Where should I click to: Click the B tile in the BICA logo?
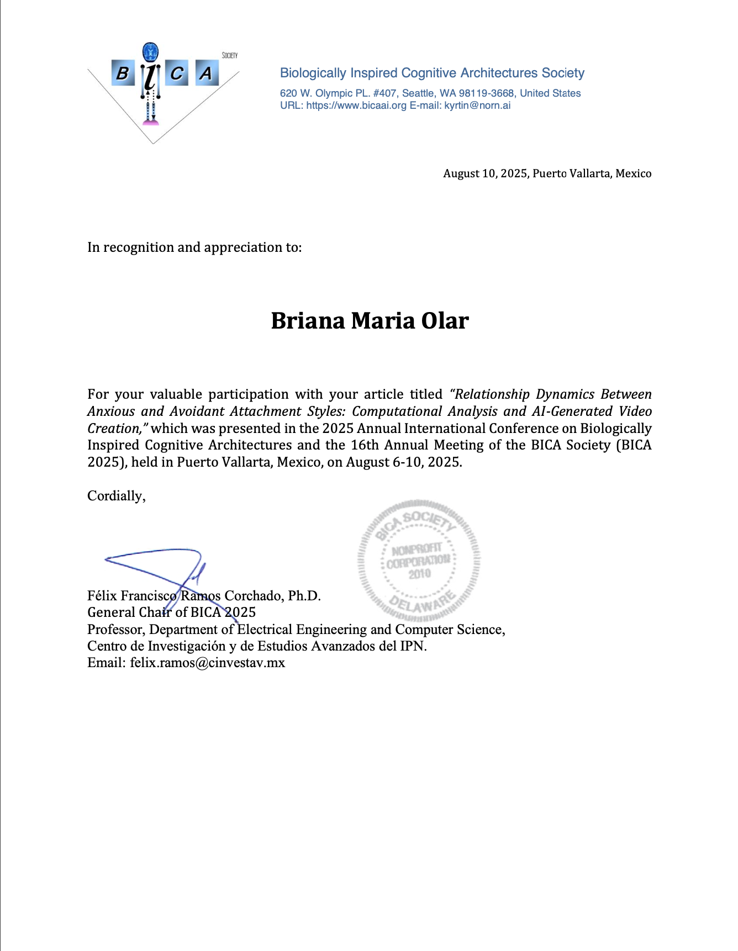click(123, 73)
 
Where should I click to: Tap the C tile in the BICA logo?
click(177, 73)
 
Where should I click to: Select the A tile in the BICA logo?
click(205, 73)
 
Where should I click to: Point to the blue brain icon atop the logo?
click(150, 52)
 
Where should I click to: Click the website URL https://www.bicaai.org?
click(356, 105)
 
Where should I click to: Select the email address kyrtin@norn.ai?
click(477, 105)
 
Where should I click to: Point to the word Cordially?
click(116, 496)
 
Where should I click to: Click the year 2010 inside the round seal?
click(420, 574)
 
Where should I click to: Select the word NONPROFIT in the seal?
click(417, 550)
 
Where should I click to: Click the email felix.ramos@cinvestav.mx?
click(208, 663)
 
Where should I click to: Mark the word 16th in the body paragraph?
click(365, 445)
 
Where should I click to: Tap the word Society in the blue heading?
click(563, 73)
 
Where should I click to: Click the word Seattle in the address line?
click(418, 93)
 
